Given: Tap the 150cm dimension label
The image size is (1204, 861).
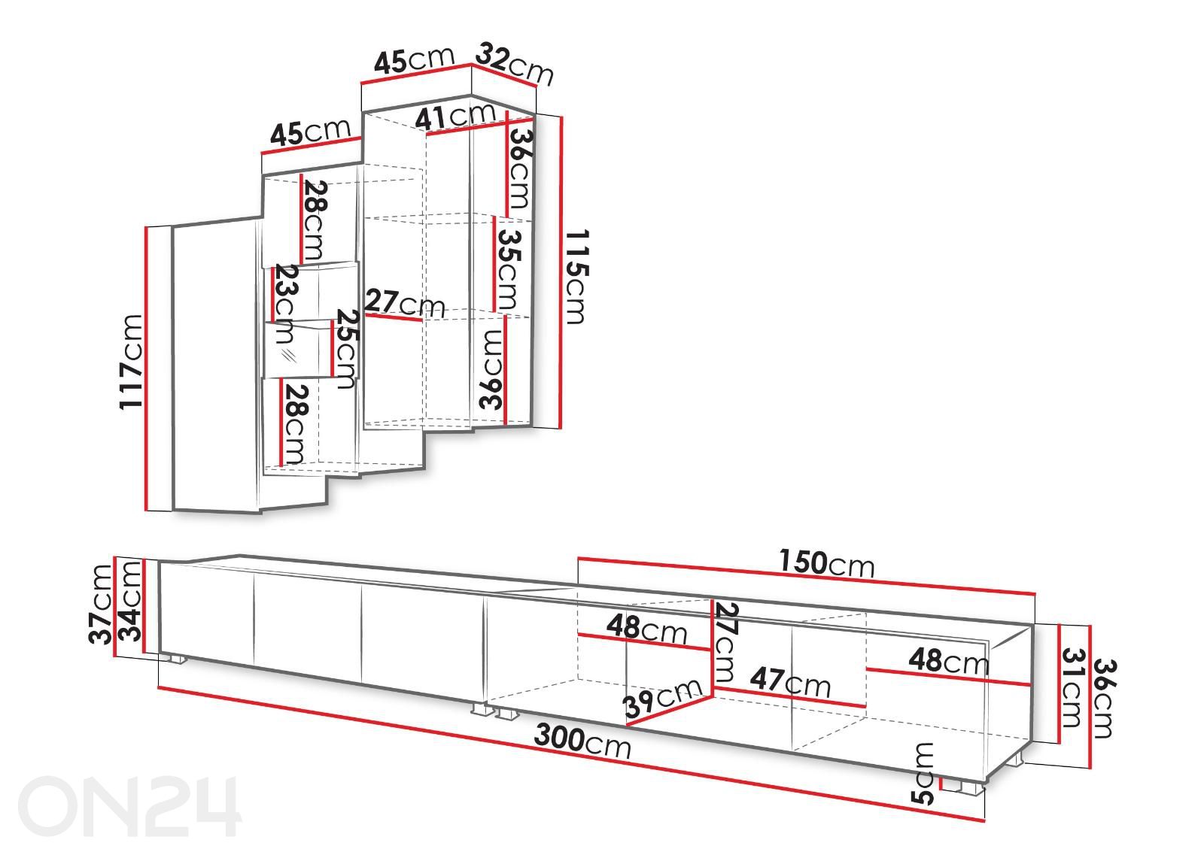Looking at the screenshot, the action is (x=827, y=563).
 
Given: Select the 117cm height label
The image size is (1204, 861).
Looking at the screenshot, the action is (x=131, y=362).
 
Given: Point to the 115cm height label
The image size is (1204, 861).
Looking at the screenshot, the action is (x=576, y=277).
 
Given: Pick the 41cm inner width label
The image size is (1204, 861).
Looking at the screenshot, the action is (x=455, y=117).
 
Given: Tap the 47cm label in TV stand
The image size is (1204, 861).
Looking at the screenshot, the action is (x=790, y=681).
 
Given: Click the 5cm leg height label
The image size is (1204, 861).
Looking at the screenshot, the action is (x=923, y=774).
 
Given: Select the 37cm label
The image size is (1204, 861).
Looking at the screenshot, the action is (x=100, y=605).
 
